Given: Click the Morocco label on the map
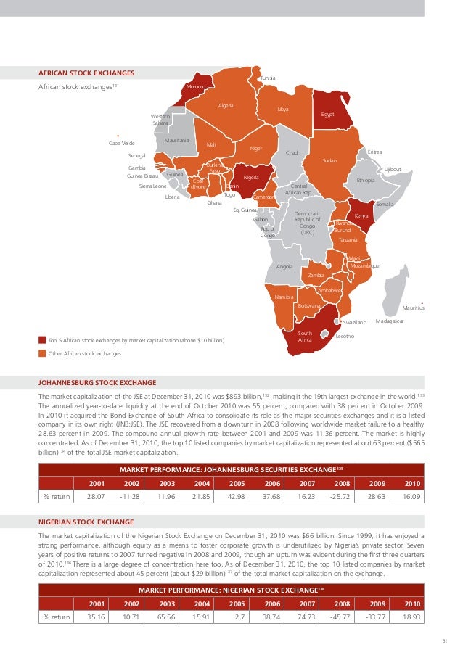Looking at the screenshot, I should [197, 87].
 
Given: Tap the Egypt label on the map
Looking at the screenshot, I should [327, 115].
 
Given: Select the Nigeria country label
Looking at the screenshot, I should [252, 177].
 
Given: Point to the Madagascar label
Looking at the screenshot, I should [390, 321].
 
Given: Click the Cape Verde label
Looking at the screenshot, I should [121, 143].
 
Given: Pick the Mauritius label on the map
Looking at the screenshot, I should [413, 308].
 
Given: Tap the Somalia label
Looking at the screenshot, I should [385, 205].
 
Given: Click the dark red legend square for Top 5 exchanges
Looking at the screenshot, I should [41, 339].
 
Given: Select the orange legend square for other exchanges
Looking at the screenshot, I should [41, 353].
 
